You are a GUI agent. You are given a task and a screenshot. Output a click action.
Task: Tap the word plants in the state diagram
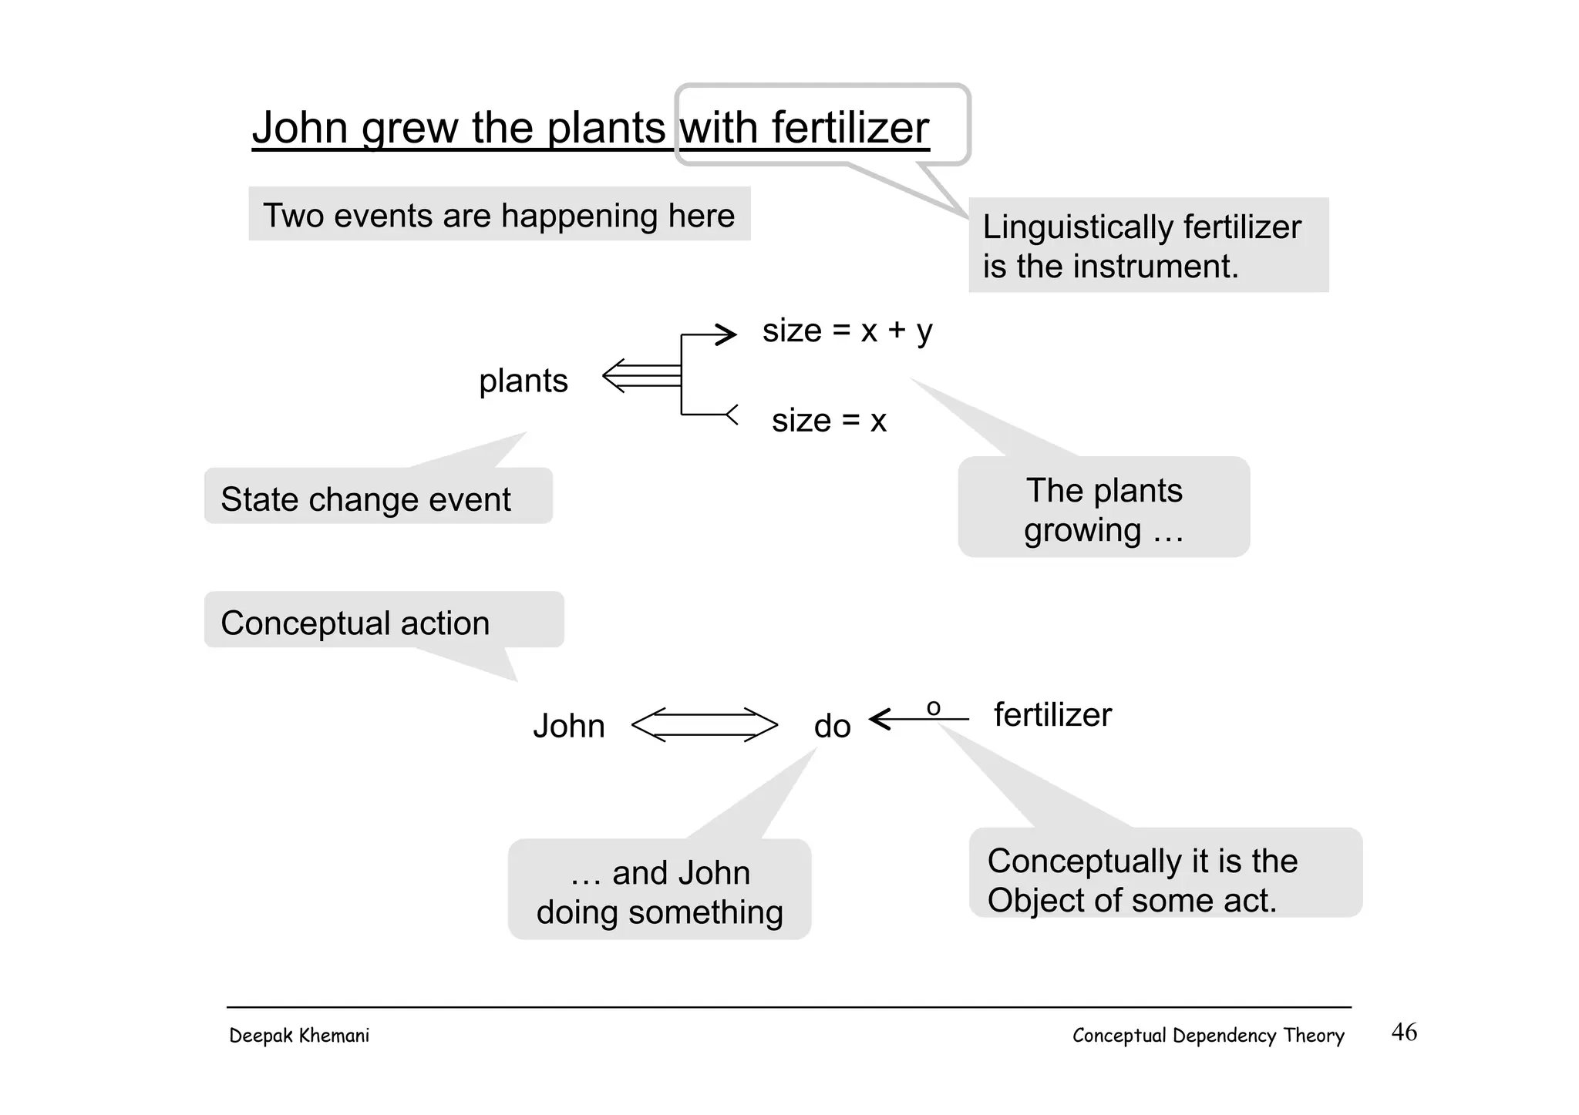tap(524, 381)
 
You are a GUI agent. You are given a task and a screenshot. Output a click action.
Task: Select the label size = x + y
tap(847, 331)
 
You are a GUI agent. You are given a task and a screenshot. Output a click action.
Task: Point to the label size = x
tap(829, 421)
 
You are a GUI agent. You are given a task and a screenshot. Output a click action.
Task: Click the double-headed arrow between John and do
tap(704, 724)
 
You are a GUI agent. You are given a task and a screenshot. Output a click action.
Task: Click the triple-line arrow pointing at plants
tap(641, 376)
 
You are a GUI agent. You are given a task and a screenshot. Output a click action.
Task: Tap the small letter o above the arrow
tap(933, 707)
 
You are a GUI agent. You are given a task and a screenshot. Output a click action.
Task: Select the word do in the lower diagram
tap(832, 727)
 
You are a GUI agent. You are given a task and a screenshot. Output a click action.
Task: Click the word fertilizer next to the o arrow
tap(1052, 715)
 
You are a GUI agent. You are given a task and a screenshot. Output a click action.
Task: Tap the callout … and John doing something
tap(659, 891)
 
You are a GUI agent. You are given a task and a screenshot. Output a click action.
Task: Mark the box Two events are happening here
tap(499, 214)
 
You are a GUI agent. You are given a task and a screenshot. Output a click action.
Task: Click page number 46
tap(1404, 1033)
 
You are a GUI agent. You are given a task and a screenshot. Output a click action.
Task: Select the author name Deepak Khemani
tap(299, 1036)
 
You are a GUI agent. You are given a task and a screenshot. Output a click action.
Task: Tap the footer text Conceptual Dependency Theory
tap(1208, 1036)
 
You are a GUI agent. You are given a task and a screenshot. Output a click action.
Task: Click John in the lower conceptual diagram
tap(569, 727)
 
